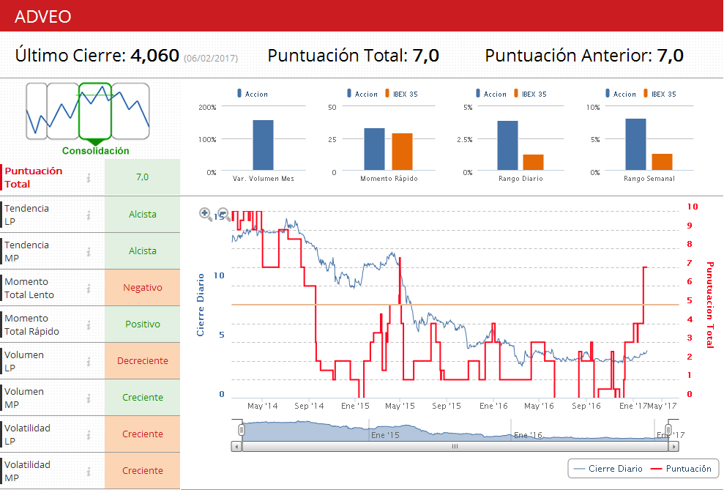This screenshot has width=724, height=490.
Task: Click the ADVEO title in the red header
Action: pyautogui.click(x=43, y=16)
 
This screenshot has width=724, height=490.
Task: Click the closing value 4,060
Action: pyautogui.click(x=154, y=56)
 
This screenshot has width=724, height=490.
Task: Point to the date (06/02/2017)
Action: pyautogui.click(x=211, y=58)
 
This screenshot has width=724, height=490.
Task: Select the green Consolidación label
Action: pyautogui.click(x=95, y=151)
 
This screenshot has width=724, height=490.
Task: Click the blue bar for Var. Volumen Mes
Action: pyautogui.click(x=263, y=145)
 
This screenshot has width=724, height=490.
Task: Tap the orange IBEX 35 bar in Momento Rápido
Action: pyautogui.click(x=402, y=152)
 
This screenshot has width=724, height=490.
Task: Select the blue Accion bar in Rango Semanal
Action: pyautogui.click(x=635, y=145)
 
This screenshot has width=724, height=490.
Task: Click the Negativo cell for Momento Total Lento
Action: pyautogui.click(x=143, y=288)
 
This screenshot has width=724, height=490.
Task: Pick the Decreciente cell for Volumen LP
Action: pyautogui.click(x=143, y=361)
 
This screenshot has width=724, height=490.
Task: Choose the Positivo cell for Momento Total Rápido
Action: pyautogui.click(x=143, y=324)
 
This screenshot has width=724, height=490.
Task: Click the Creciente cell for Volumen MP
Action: pyautogui.click(x=143, y=398)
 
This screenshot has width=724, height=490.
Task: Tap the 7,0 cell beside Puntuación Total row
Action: pyautogui.click(x=143, y=177)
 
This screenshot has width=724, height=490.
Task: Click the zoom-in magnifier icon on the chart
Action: pyautogui.click(x=206, y=214)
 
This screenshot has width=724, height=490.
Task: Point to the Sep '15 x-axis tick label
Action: pyautogui.click(x=447, y=406)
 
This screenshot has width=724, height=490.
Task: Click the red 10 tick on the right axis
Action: pyautogui.click(x=692, y=207)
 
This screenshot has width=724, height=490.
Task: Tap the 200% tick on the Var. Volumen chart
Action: pyautogui.click(x=207, y=107)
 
